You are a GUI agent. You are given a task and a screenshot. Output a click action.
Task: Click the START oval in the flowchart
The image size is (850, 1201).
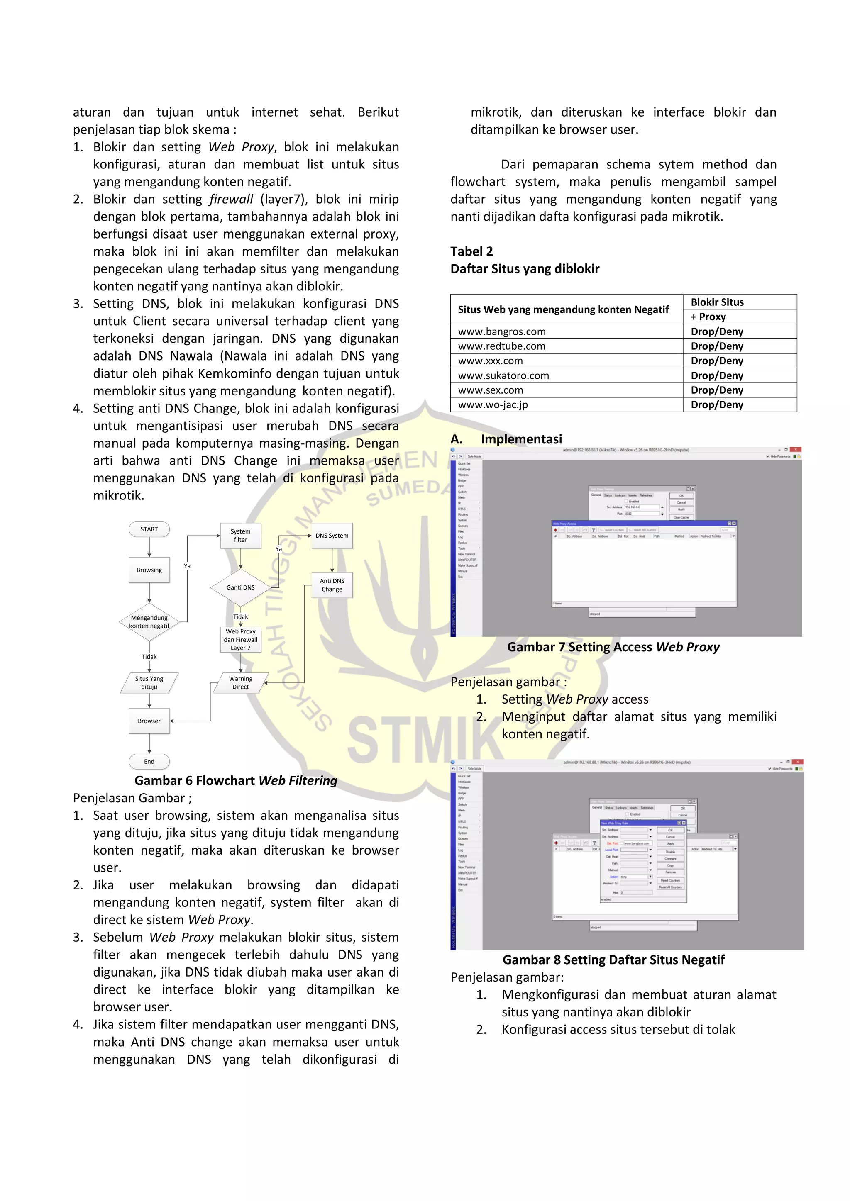[x=149, y=529]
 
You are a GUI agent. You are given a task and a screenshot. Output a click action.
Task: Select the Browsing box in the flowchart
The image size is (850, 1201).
[x=149, y=570]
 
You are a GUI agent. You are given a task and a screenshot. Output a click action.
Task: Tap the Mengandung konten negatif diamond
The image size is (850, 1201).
[x=149, y=622]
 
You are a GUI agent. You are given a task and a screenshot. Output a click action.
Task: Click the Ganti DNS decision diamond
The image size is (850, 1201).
[x=241, y=587]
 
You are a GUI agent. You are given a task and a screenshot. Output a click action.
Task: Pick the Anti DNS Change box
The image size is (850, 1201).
[x=332, y=585]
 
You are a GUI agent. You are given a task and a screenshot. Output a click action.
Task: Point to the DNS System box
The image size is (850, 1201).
[x=332, y=535]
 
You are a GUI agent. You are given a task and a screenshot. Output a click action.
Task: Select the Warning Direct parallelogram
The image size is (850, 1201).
[x=241, y=682]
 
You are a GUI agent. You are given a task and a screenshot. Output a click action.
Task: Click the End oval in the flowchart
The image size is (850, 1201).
[x=149, y=761]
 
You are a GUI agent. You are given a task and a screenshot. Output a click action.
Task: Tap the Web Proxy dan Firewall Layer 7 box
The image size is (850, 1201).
[x=241, y=639]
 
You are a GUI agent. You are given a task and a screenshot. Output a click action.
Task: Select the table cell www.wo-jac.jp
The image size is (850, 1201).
[x=493, y=405]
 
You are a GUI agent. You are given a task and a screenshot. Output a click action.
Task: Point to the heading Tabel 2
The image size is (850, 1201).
[x=471, y=251]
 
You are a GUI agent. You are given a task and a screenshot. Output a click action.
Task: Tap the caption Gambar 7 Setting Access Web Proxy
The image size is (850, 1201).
[x=613, y=647]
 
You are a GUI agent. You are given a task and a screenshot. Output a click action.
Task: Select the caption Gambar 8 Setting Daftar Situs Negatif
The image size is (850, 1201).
[x=613, y=960]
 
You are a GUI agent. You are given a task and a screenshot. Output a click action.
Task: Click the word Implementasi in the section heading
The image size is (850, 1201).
[x=521, y=439]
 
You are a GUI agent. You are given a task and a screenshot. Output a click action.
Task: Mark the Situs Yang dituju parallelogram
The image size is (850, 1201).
[x=149, y=682]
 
